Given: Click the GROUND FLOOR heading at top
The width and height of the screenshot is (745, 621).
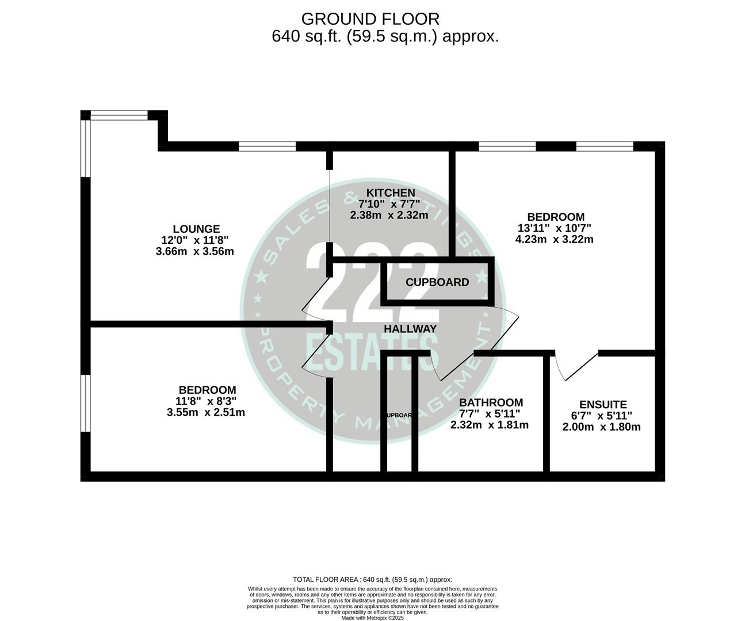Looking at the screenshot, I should [x=370, y=19].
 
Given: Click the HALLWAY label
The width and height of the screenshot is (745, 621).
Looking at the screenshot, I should [x=410, y=329].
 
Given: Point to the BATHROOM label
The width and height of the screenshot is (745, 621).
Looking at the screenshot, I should [x=490, y=402].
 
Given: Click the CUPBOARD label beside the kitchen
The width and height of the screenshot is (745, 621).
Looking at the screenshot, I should [x=437, y=282].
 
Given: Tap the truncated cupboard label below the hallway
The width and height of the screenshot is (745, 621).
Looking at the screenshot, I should [x=399, y=415].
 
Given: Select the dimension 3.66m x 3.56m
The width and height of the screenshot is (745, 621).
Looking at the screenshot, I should [x=194, y=251].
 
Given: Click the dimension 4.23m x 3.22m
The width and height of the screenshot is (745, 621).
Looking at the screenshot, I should [x=554, y=239].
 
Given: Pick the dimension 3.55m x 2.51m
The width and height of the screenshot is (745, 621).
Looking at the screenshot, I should [x=206, y=412].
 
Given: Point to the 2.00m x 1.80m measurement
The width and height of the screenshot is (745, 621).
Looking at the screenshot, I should [x=601, y=427].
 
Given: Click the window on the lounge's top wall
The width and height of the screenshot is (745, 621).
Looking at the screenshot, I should [x=268, y=147].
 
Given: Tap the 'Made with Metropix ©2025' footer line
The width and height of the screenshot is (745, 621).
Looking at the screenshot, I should [x=372, y=618].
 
